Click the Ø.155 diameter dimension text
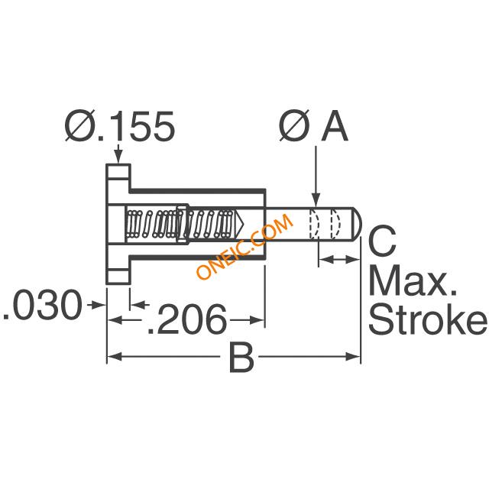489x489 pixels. tap(120, 125)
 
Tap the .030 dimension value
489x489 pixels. tap(43, 305)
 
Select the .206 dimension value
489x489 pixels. tap(186, 319)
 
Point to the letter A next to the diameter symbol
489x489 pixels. tap(335, 126)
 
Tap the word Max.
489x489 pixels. tap(413, 280)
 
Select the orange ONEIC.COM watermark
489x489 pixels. tap(244, 246)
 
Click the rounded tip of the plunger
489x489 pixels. tap(358, 224)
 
